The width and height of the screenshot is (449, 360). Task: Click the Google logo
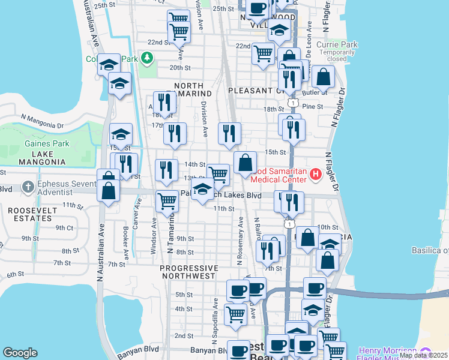pyautogui.click(x=20, y=353)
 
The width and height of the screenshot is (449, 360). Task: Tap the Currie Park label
pyautogui.click(x=341, y=44)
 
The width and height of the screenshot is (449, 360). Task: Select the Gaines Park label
pyautogui.click(x=47, y=143)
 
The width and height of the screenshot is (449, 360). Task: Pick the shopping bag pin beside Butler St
pyautogui.click(x=323, y=77)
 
